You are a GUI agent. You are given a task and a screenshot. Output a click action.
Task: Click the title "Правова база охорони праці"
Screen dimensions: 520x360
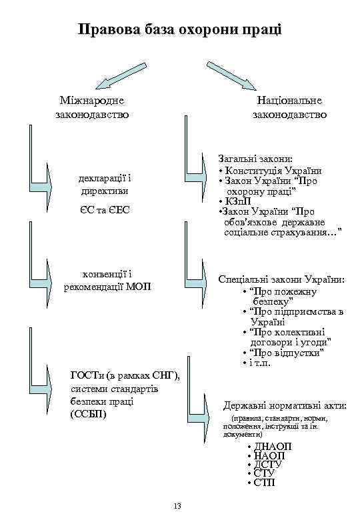pyautogui.click(x=179, y=29)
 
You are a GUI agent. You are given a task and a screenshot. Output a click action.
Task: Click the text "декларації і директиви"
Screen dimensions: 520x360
pyautogui.click(x=101, y=185)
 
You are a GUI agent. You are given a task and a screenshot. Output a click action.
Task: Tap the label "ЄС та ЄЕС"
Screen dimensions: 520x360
pyautogui.click(x=101, y=210)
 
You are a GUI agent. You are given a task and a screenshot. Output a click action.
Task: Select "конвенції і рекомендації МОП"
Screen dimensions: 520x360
pyautogui.click(x=107, y=281)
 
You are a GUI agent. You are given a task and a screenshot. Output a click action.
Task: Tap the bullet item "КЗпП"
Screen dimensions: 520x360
pyautogui.click(x=237, y=201)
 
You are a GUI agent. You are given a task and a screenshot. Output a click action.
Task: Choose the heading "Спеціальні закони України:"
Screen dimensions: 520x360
pyautogui.click(x=282, y=279)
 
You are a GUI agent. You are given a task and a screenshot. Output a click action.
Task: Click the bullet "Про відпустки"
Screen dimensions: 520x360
pyautogui.click(x=287, y=352)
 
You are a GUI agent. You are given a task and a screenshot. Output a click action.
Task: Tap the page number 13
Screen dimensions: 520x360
pyautogui.click(x=177, y=506)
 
